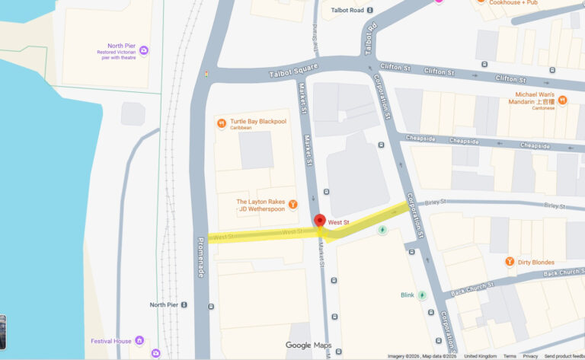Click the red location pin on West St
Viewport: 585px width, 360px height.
click(321, 221)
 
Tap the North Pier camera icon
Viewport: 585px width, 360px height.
click(144, 50)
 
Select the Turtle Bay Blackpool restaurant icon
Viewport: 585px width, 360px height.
click(222, 123)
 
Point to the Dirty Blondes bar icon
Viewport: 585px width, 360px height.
click(510, 262)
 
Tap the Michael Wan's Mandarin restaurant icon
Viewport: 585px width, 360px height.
click(563, 100)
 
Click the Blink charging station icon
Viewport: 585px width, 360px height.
click(421, 295)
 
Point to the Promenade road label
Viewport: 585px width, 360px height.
click(201, 257)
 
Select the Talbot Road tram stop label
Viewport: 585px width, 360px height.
click(347, 10)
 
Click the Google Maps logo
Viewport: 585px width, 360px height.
click(308, 345)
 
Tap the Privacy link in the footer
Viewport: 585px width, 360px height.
click(530, 356)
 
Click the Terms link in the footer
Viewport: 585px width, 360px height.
click(509, 356)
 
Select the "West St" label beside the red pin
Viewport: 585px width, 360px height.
click(338, 221)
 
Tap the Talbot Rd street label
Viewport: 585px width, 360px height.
click(371, 40)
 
